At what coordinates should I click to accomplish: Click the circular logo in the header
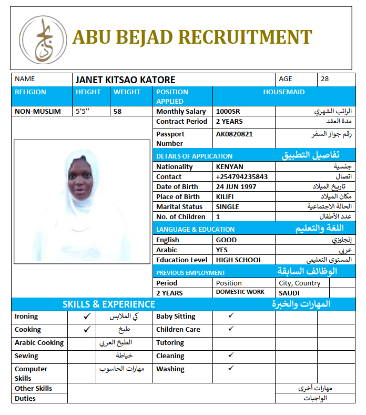(43, 38)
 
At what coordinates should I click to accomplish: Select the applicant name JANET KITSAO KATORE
(125, 80)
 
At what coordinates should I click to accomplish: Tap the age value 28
(324, 79)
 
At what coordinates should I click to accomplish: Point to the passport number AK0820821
(234, 134)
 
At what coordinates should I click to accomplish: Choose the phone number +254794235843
(241, 177)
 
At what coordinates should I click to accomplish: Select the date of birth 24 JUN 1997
(237, 187)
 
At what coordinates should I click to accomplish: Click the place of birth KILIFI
(225, 197)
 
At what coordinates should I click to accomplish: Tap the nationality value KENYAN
(229, 167)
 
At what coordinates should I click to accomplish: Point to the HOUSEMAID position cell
(283, 92)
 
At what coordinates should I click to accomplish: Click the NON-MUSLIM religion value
(38, 112)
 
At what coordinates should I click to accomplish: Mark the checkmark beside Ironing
(87, 317)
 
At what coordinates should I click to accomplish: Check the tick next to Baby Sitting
(230, 315)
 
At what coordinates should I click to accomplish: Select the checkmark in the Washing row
(230, 368)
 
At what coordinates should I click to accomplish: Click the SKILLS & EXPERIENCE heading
(109, 304)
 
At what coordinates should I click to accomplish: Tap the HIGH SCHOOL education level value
(239, 260)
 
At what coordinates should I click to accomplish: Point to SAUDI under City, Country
(289, 293)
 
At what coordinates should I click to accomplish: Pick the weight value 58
(117, 112)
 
